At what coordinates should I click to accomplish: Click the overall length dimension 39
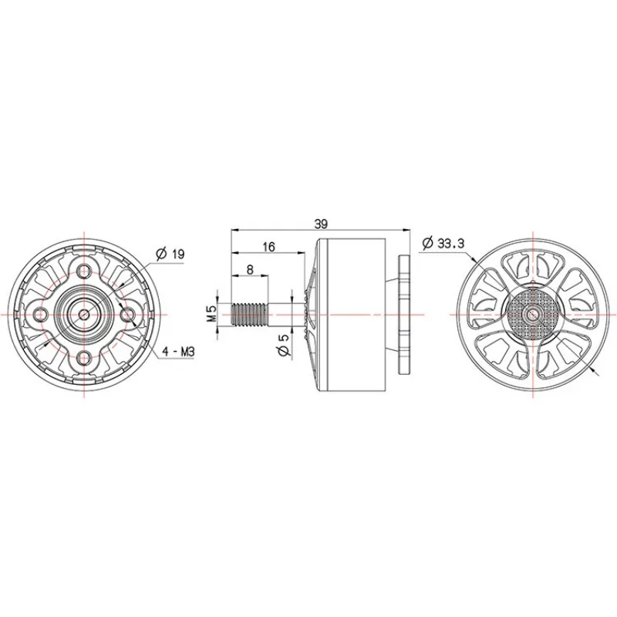click(321, 224)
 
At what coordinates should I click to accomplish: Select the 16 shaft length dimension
click(268, 247)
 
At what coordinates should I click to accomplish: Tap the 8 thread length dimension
click(250, 269)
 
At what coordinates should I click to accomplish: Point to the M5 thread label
click(211, 314)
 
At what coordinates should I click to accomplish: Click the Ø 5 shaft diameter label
click(284, 346)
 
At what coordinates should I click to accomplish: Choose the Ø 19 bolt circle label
click(170, 254)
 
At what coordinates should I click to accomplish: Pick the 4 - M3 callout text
click(179, 352)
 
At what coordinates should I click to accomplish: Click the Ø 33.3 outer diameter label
click(443, 244)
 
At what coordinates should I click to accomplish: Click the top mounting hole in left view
click(84, 271)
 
